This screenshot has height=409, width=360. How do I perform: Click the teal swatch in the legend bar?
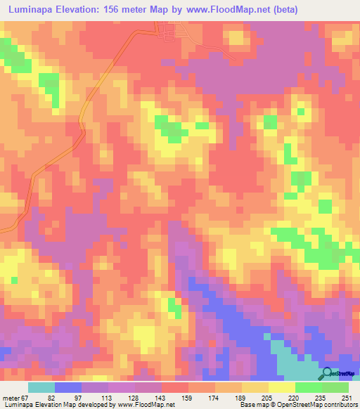[x=41, y=388]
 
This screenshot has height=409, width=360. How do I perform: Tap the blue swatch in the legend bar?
[x=68, y=388]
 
